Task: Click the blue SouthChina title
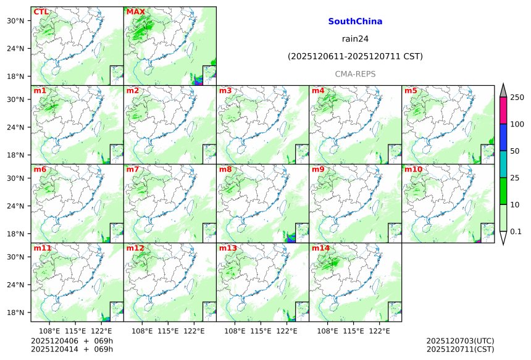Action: [355, 21]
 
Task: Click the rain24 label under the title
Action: [355, 39]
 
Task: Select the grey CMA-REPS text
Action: [355, 73]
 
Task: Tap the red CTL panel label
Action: [41, 12]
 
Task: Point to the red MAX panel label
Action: [135, 12]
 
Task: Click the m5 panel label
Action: [411, 91]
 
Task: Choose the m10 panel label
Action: [413, 169]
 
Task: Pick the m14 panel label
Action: [320, 248]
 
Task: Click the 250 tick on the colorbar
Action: [517, 98]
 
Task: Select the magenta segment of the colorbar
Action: [503, 111]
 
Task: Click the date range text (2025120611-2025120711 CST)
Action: [355, 56]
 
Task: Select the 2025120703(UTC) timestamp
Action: [460, 341]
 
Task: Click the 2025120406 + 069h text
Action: [67, 341]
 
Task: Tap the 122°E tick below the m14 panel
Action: [379, 332]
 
